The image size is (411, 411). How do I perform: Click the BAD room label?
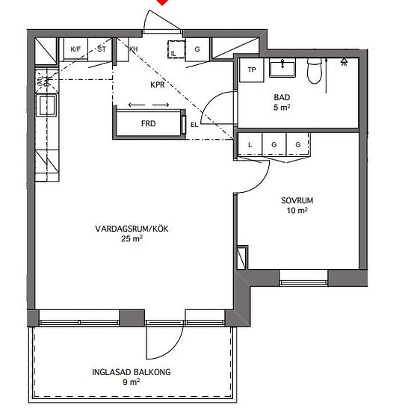[x=282, y=97]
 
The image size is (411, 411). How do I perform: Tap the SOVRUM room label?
[x=297, y=200]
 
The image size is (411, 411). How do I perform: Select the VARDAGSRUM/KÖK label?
[x=132, y=229]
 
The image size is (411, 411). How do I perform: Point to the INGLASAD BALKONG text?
[x=131, y=372]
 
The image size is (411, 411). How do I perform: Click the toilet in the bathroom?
[x=315, y=70]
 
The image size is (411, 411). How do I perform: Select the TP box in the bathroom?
[x=251, y=70]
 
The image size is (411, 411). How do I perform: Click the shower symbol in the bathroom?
[x=344, y=62]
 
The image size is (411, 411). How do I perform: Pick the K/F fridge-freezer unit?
[x=75, y=49]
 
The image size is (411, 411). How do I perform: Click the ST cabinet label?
[x=102, y=49]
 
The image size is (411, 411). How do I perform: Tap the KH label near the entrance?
[x=134, y=49]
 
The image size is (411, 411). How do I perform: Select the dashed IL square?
[x=176, y=49]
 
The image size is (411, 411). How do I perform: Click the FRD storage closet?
[x=149, y=123]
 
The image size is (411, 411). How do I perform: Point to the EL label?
[x=194, y=125]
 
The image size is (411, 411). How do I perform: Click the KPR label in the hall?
[x=158, y=84]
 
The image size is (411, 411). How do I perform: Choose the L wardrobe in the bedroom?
[x=250, y=144]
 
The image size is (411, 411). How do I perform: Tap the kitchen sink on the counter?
[x=47, y=105]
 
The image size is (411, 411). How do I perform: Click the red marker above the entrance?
[x=162, y=2]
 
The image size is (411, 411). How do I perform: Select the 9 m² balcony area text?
[x=131, y=382]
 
